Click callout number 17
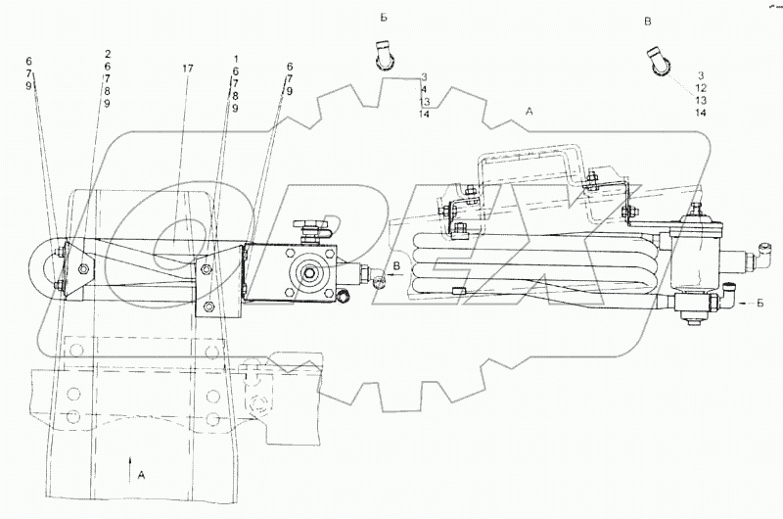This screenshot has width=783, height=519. (187, 69)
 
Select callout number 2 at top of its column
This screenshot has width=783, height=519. (107, 54)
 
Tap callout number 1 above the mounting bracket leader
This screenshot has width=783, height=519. (235, 59)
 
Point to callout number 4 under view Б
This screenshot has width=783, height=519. (424, 89)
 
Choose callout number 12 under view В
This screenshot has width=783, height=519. (701, 88)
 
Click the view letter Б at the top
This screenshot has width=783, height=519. (384, 18)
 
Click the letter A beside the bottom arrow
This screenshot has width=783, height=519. (141, 475)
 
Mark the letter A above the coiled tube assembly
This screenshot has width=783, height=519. (530, 112)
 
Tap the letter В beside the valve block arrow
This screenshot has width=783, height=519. (395, 265)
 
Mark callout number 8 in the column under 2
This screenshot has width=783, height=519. (107, 91)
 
